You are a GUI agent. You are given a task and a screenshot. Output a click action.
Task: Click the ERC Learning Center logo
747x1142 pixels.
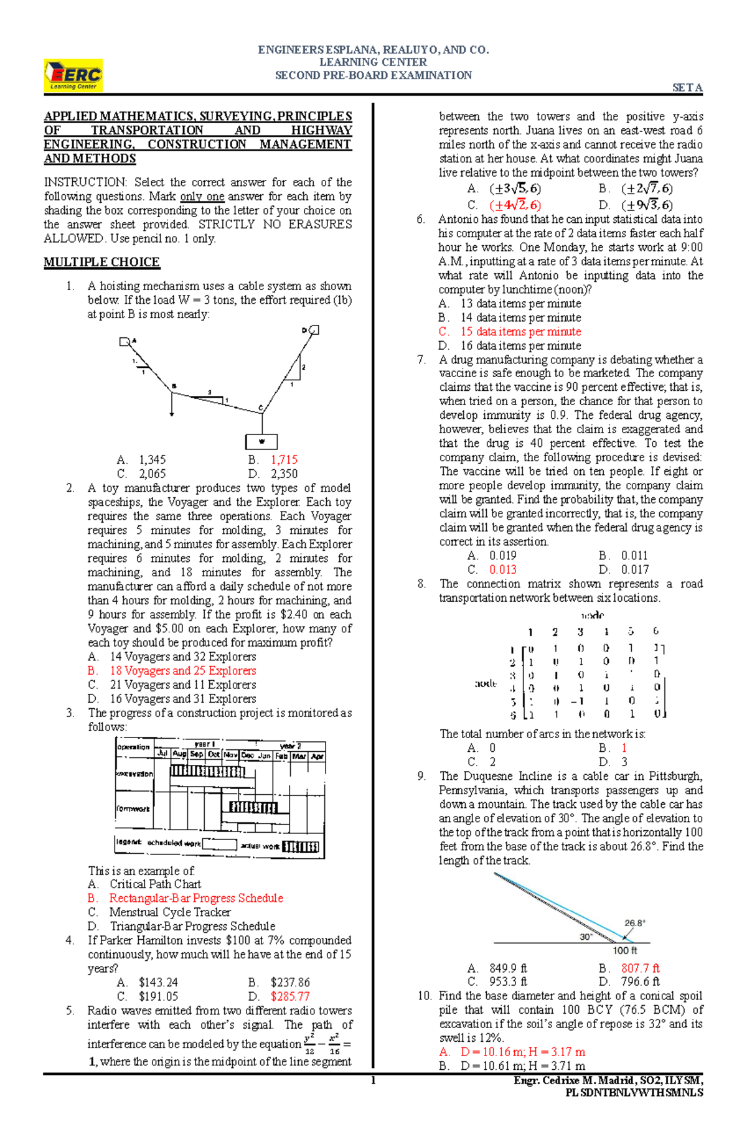[73, 76]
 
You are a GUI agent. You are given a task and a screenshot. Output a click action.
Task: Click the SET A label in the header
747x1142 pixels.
[687, 88]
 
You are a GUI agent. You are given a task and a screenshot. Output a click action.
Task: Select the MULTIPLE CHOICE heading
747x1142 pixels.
[101, 262]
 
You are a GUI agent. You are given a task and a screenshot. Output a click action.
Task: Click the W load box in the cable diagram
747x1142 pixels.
[261, 441]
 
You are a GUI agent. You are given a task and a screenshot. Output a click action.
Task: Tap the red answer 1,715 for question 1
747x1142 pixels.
[284, 460]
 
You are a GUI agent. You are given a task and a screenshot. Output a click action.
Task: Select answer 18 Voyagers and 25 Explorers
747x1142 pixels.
[183, 671]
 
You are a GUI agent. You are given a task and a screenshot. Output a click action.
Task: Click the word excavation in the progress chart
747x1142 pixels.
[134, 774]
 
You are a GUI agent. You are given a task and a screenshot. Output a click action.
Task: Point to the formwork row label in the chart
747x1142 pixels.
[133, 808]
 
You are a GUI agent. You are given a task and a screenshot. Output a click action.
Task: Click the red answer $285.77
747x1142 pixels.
[289, 996]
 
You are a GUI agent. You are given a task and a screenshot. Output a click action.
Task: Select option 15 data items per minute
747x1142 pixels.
[520, 332]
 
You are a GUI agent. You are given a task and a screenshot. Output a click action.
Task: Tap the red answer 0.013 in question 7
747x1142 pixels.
[502, 569]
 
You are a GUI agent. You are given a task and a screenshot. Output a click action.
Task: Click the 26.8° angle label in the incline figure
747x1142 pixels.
[635, 923]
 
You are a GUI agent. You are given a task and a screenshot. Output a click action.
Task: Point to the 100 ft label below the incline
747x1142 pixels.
[625, 950]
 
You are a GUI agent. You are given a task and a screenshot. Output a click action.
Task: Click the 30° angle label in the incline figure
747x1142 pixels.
[586, 937]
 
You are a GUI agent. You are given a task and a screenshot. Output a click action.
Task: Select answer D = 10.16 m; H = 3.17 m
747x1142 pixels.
[522, 1052]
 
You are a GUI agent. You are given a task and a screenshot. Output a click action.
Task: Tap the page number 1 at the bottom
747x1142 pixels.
[373, 1080]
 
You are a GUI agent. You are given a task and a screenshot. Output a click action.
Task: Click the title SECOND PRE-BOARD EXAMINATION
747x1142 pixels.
[374, 75]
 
